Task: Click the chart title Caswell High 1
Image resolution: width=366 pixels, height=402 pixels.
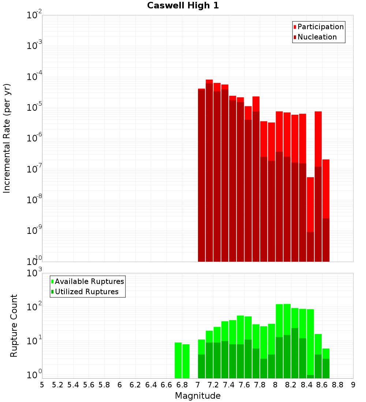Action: pyautogui.click(x=183, y=6)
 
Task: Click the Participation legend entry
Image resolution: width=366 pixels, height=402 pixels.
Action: pyautogui.click(x=320, y=27)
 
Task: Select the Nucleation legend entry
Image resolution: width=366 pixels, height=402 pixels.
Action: pyautogui.click(x=317, y=37)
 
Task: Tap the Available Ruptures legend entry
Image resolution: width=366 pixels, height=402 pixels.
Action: pyautogui.click(x=89, y=281)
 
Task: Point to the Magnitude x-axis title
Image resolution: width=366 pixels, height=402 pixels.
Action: pyautogui.click(x=198, y=396)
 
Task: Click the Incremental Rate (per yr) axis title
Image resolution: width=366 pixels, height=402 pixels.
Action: pyautogui.click(x=7, y=138)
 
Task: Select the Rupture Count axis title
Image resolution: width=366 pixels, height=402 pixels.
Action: pyautogui.click(x=14, y=326)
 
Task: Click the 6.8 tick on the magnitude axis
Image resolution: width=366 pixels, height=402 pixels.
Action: pyautogui.click(x=182, y=384)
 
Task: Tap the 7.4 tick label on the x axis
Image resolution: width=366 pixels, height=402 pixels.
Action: pyautogui.click(x=229, y=384)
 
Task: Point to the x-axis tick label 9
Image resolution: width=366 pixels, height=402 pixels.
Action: pyautogui.click(x=353, y=384)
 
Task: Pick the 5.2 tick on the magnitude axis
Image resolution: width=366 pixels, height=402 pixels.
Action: pyautogui.click(x=58, y=384)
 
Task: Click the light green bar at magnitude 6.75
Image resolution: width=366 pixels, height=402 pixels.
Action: pyautogui.click(x=178, y=360)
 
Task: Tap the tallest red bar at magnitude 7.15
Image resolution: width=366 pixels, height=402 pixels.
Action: pyautogui.click(x=209, y=81)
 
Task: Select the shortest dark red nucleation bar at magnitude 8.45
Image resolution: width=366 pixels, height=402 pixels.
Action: pyautogui.click(x=310, y=247)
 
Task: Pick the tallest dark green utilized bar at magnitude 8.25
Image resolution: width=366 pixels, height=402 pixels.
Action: pyautogui.click(x=295, y=353)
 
